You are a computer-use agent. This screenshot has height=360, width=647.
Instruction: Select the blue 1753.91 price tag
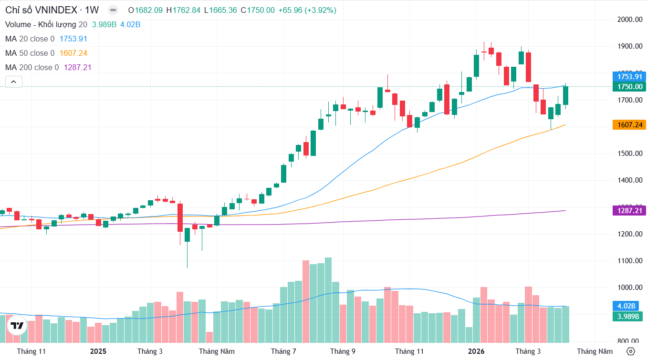point(629,77)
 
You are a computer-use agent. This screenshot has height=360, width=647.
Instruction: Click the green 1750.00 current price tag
point(629,87)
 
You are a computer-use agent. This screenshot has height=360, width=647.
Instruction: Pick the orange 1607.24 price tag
point(629,124)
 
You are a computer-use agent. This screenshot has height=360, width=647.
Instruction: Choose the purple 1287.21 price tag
point(629,210)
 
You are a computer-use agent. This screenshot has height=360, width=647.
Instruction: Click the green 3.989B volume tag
point(628,316)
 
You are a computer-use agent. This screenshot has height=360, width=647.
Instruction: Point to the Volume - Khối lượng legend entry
point(41,24)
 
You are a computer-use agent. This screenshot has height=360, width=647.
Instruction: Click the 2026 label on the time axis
point(476,351)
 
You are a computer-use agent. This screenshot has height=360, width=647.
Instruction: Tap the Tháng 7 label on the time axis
point(283,351)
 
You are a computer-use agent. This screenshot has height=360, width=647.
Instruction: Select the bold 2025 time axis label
point(98,351)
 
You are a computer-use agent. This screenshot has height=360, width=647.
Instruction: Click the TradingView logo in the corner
point(17,326)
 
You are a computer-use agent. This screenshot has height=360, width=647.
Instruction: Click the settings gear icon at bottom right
point(630,351)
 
